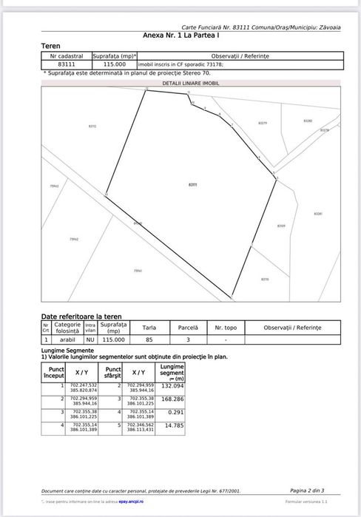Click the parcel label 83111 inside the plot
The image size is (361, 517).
pos(193,183)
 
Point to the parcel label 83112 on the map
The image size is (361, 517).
pos(92,126)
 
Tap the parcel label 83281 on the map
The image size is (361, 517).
pos(318,214)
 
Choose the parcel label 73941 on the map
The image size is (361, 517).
pos(138,271)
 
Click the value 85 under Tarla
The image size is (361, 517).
pos(149,339)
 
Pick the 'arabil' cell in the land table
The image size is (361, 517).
pos(68,339)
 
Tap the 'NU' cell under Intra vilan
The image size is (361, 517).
pos(90,339)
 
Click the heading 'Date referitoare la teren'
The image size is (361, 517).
pos(81,316)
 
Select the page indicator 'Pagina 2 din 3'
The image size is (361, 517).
pos(307,490)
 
